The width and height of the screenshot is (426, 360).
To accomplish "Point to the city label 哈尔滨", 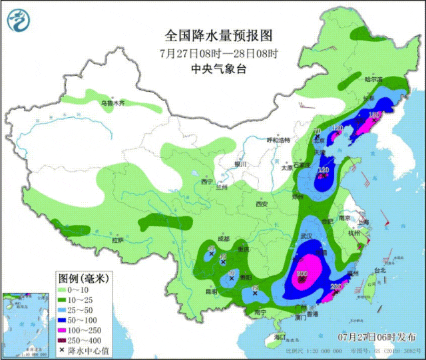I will click(374, 79).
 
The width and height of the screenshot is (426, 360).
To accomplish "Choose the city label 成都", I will click(222, 239).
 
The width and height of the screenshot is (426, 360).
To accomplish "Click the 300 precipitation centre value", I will click(302, 273).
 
